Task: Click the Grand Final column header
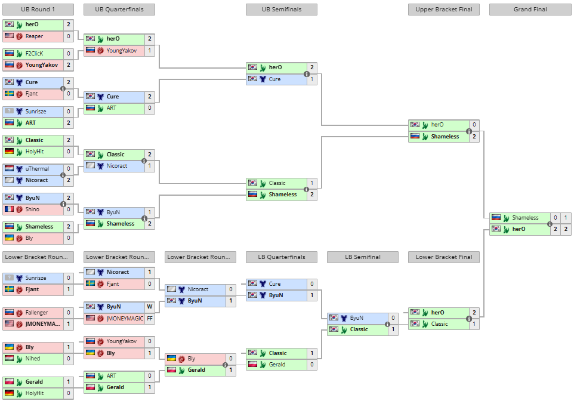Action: [530, 10]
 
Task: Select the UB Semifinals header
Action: [282, 10]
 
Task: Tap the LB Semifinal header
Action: [362, 257]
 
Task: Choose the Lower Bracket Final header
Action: [444, 257]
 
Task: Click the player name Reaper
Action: [34, 36]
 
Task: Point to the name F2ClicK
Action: [34, 54]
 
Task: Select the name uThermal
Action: [37, 169]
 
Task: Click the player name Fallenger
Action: [36, 313]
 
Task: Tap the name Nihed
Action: [33, 359]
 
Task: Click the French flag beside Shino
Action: [9, 209]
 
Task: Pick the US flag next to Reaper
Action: [9, 36]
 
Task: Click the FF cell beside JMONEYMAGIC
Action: [150, 319]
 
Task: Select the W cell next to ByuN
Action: [150, 307]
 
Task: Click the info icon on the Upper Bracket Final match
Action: [469, 131]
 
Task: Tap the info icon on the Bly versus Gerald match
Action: [225, 365]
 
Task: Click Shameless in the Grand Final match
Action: [525, 218]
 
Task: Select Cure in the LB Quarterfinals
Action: [274, 284]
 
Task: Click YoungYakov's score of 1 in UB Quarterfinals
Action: [150, 51]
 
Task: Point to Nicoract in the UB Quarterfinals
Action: [117, 166]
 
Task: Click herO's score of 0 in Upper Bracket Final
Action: [474, 125]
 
